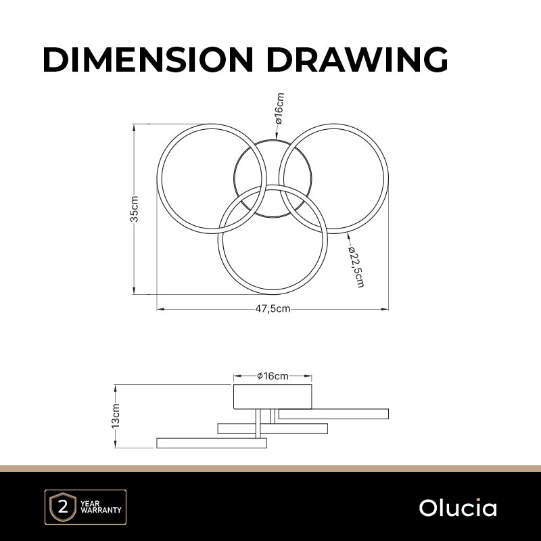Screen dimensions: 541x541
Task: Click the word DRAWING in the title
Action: tap(358, 60)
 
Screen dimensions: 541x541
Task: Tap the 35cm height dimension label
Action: tap(134, 209)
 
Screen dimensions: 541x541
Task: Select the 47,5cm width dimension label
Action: tap(273, 309)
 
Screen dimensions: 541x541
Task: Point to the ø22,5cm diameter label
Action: tap(356, 266)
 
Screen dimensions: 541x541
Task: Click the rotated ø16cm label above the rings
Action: tap(279, 108)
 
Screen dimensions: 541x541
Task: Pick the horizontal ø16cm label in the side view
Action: tap(273, 376)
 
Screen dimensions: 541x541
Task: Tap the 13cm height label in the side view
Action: tap(116, 416)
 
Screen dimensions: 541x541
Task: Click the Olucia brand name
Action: tap(458, 508)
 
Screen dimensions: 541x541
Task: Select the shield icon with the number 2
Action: tap(63, 507)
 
